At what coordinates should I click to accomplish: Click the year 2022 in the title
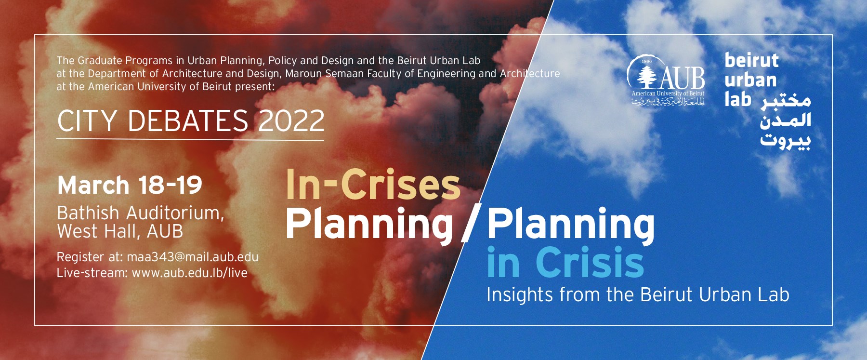pyautogui.click(x=291, y=120)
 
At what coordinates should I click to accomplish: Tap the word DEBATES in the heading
pyautogui.click(x=188, y=120)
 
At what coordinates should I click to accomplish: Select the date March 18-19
pyautogui.click(x=130, y=185)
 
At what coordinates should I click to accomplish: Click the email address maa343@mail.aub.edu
pyautogui.click(x=193, y=257)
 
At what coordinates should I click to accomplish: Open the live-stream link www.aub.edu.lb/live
pyautogui.click(x=190, y=273)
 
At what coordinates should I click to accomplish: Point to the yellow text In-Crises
pyautogui.click(x=373, y=185)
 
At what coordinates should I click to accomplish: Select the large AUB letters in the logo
pyautogui.click(x=682, y=79)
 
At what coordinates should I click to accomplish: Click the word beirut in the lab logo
pyautogui.click(x=751, y=61)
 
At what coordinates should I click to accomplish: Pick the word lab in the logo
pyautogui.click(x=737, y=99)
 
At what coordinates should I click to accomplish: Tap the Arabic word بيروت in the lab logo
pyautogui.click(x=786, y=141)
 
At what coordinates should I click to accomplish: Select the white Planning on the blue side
pyautogui.click(x=571, y=224)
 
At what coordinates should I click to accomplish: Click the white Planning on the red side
pyautogui.click(x=369, y=224)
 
